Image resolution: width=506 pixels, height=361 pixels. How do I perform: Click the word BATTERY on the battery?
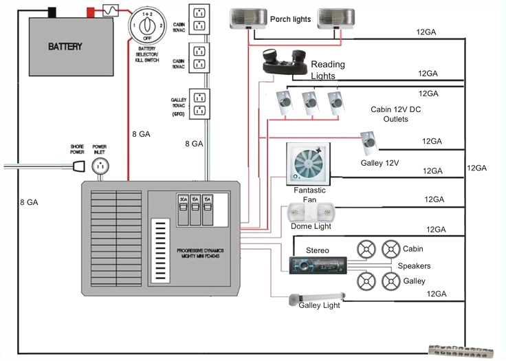click(x=66, y=47)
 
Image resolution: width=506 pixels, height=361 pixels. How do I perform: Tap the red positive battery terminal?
click(x=90, y=12)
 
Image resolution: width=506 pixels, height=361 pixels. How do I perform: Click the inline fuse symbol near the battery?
click(x=110, y=10)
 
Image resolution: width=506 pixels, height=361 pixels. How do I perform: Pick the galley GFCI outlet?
click(x=199, y=104)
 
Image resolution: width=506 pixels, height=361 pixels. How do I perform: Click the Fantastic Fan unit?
click(x=307, y=163)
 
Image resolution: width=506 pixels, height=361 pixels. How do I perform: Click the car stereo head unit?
click(x=317, y=265)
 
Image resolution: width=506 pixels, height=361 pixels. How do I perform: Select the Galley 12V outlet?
click(x=370, y=144)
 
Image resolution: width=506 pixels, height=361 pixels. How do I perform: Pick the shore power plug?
click(x=77, y=166)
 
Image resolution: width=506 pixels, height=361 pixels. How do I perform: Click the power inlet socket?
click(x=101, y=166)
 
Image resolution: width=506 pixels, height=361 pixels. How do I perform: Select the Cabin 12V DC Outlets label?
click(x=390, y=113)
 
